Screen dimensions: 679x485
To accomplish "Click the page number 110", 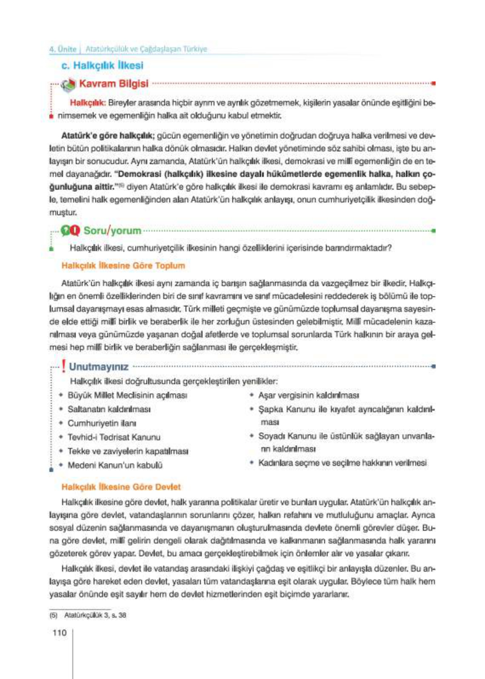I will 60,633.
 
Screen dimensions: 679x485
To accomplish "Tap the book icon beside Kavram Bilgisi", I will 68,85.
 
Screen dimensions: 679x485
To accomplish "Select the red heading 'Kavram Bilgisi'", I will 114,83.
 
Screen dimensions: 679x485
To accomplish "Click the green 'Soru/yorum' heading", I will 112,230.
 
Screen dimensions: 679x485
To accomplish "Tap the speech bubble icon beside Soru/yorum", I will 70,230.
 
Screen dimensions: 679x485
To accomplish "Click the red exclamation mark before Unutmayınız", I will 63,366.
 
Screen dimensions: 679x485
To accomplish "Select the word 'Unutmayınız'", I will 98,367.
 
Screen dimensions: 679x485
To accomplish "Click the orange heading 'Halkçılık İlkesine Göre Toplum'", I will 123,265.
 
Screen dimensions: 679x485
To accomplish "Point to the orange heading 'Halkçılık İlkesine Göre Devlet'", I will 121,486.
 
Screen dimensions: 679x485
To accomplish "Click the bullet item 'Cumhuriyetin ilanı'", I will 102,423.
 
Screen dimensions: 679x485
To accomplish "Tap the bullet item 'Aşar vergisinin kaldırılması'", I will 308,395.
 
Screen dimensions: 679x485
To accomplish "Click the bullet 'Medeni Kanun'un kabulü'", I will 115,465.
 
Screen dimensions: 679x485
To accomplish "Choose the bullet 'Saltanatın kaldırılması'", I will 109,409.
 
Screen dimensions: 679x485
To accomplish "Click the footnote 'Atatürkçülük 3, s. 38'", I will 95,615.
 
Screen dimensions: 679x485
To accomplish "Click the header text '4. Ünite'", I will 63,49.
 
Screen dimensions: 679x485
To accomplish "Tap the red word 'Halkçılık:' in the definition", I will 87,103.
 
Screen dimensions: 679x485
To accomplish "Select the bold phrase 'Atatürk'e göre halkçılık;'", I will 108,136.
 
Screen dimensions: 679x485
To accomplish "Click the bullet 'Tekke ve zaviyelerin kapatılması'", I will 128,451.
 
